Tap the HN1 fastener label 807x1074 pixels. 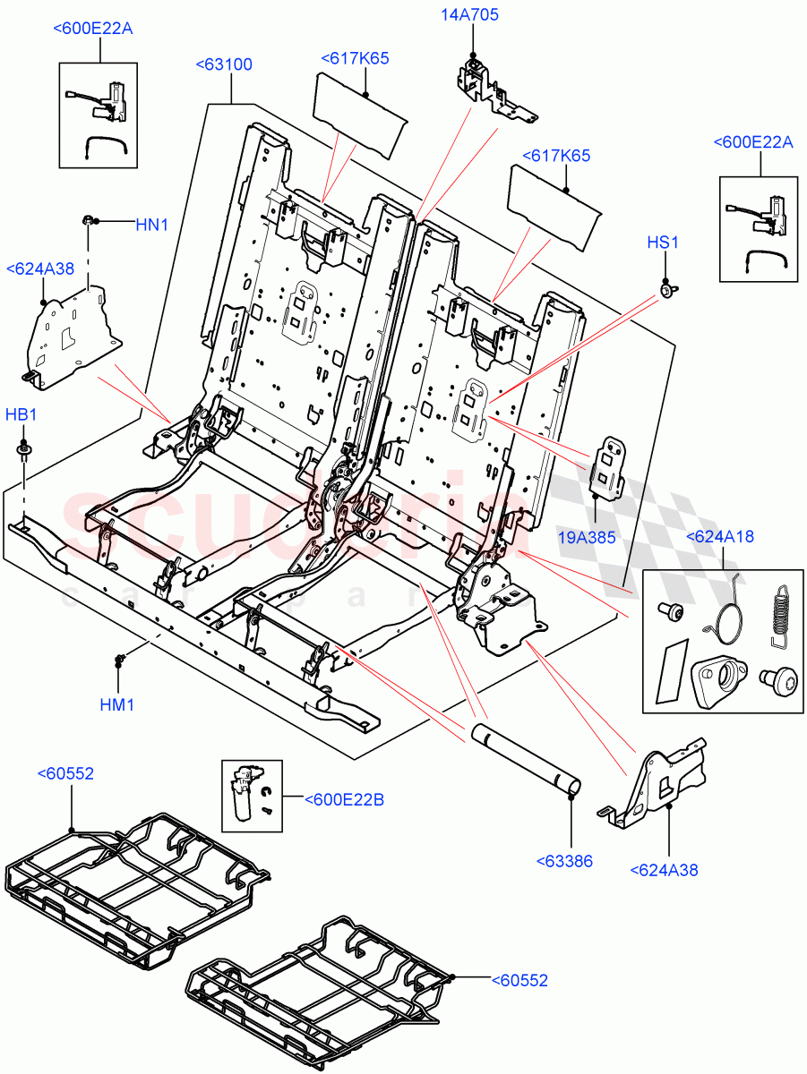click(x=151, y=225)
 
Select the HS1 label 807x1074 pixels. click(x=663, y=243)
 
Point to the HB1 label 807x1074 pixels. click(x=21, y=415)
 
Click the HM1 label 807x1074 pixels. click(x=116, y=704)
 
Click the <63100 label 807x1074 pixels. click(x=224, y=64)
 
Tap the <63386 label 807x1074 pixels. click(x=564, y=861)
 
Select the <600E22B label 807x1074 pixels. click(x=344, y=799)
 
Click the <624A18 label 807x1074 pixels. click(x=719, y=537)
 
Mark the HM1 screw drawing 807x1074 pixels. click(x=117, y=661)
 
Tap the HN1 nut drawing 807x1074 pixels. click(x=90, y=220)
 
